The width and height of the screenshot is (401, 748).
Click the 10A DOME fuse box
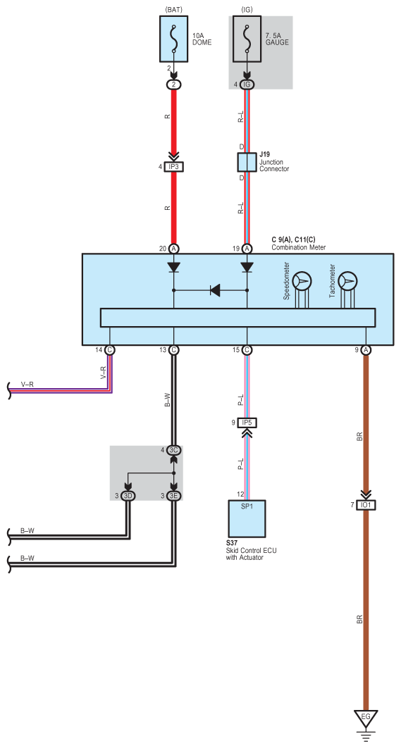pos(174,39)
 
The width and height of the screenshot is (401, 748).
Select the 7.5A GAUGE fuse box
pos(247,39)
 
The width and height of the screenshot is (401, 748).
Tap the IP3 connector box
pos(174,167)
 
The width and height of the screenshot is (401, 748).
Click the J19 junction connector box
pos(247,163)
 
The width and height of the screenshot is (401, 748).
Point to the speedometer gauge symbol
pos(302,282)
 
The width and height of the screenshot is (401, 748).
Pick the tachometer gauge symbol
pos(347,282)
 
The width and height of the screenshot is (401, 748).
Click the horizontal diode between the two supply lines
pos(215,290)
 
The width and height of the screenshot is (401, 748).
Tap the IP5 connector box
pos(247,423)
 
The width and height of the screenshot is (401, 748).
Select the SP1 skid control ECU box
pos(247,518)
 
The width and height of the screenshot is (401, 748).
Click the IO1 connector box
pos(366,505)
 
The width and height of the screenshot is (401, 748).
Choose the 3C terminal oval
pos(174,450)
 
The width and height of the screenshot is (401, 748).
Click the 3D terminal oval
pos(128,496)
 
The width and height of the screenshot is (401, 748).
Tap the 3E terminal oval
pos(174,496)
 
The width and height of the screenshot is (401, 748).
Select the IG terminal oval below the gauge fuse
pos(247,85)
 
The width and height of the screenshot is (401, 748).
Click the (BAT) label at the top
pos(174,9)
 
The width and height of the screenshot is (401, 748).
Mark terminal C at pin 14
pos(110,349)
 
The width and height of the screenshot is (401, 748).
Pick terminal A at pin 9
pos(366,349)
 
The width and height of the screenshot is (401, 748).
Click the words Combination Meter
pos(299,248)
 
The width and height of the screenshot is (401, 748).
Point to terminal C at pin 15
pos(247,349)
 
